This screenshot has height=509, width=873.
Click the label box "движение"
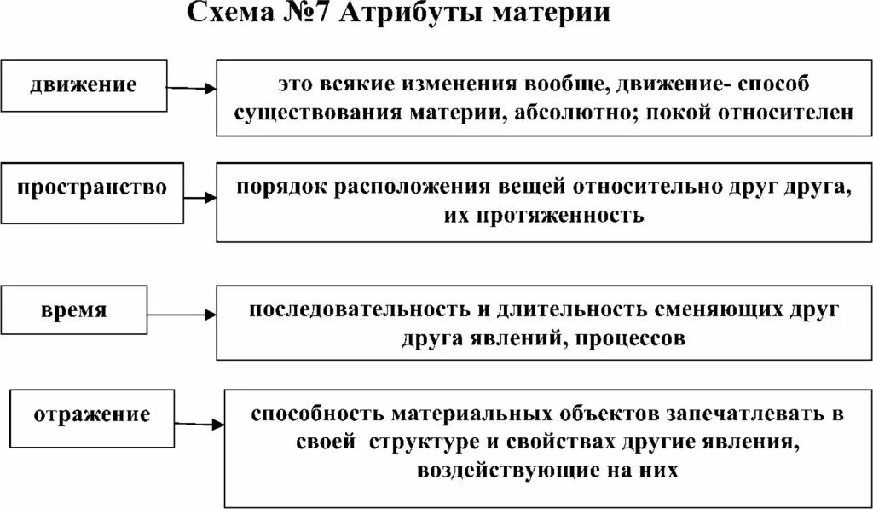pos(84,85)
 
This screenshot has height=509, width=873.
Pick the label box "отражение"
pos(92,415)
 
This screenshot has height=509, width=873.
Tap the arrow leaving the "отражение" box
pos(200,422)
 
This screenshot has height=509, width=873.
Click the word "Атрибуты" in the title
pos(416,14)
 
